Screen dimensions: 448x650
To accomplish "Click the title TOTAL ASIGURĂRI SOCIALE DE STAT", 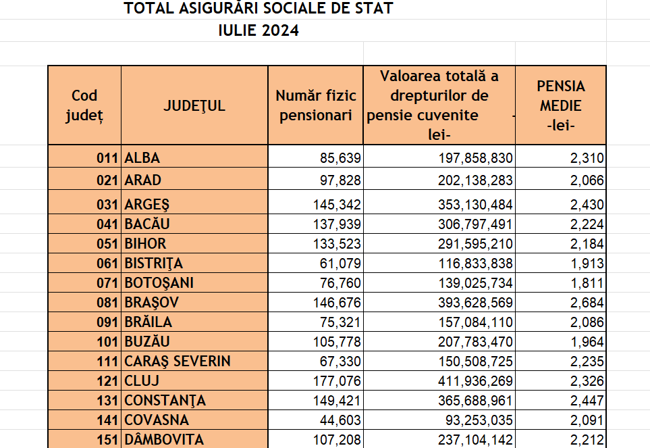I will (259, 9).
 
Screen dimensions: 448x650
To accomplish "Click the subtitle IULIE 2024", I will (259, 30).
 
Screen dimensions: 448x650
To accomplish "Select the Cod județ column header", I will (84, 105).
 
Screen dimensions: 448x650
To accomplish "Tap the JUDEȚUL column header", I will (194, 105).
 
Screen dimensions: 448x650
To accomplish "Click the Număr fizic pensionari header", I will (316, 105).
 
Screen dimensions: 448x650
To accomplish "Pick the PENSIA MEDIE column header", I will (561, 105).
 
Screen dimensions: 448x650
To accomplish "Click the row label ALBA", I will (142, 158).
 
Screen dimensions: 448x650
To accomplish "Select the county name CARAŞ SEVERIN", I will (178, 361).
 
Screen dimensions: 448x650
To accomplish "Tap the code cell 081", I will (108, 302).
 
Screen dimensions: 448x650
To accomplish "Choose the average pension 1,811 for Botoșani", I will (586, 282).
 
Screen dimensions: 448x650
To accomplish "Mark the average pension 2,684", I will (586, 302).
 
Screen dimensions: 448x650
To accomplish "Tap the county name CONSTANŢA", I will (165, 400).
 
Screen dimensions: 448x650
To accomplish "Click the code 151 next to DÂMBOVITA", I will (108, 440).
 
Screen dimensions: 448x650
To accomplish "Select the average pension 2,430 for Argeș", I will (586, 204).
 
